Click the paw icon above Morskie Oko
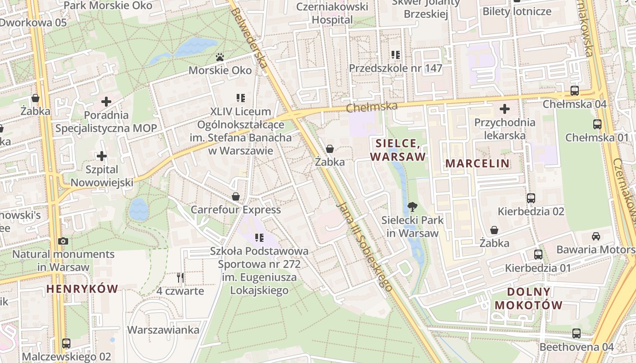click(220, 57)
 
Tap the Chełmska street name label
click(372, 108)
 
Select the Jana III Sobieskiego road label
click(364, 245)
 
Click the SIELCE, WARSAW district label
click(398, 150)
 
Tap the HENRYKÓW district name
click(82, 289)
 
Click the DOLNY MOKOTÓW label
click(528, 298)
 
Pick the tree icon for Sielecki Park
click(412, 207)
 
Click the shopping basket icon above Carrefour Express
click(236, 196)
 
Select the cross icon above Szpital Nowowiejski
click(102, 157)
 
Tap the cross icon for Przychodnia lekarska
click(504, 109)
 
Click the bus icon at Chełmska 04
click(574, 90)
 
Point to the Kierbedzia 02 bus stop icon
click(531, 198)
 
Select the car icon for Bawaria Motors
click(596, 236)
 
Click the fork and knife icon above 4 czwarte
click(180, 277)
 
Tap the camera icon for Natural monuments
click(63, 241)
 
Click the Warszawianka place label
click(163, 330)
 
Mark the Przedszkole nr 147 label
click(395, 69)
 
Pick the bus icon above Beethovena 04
click(576, 334)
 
